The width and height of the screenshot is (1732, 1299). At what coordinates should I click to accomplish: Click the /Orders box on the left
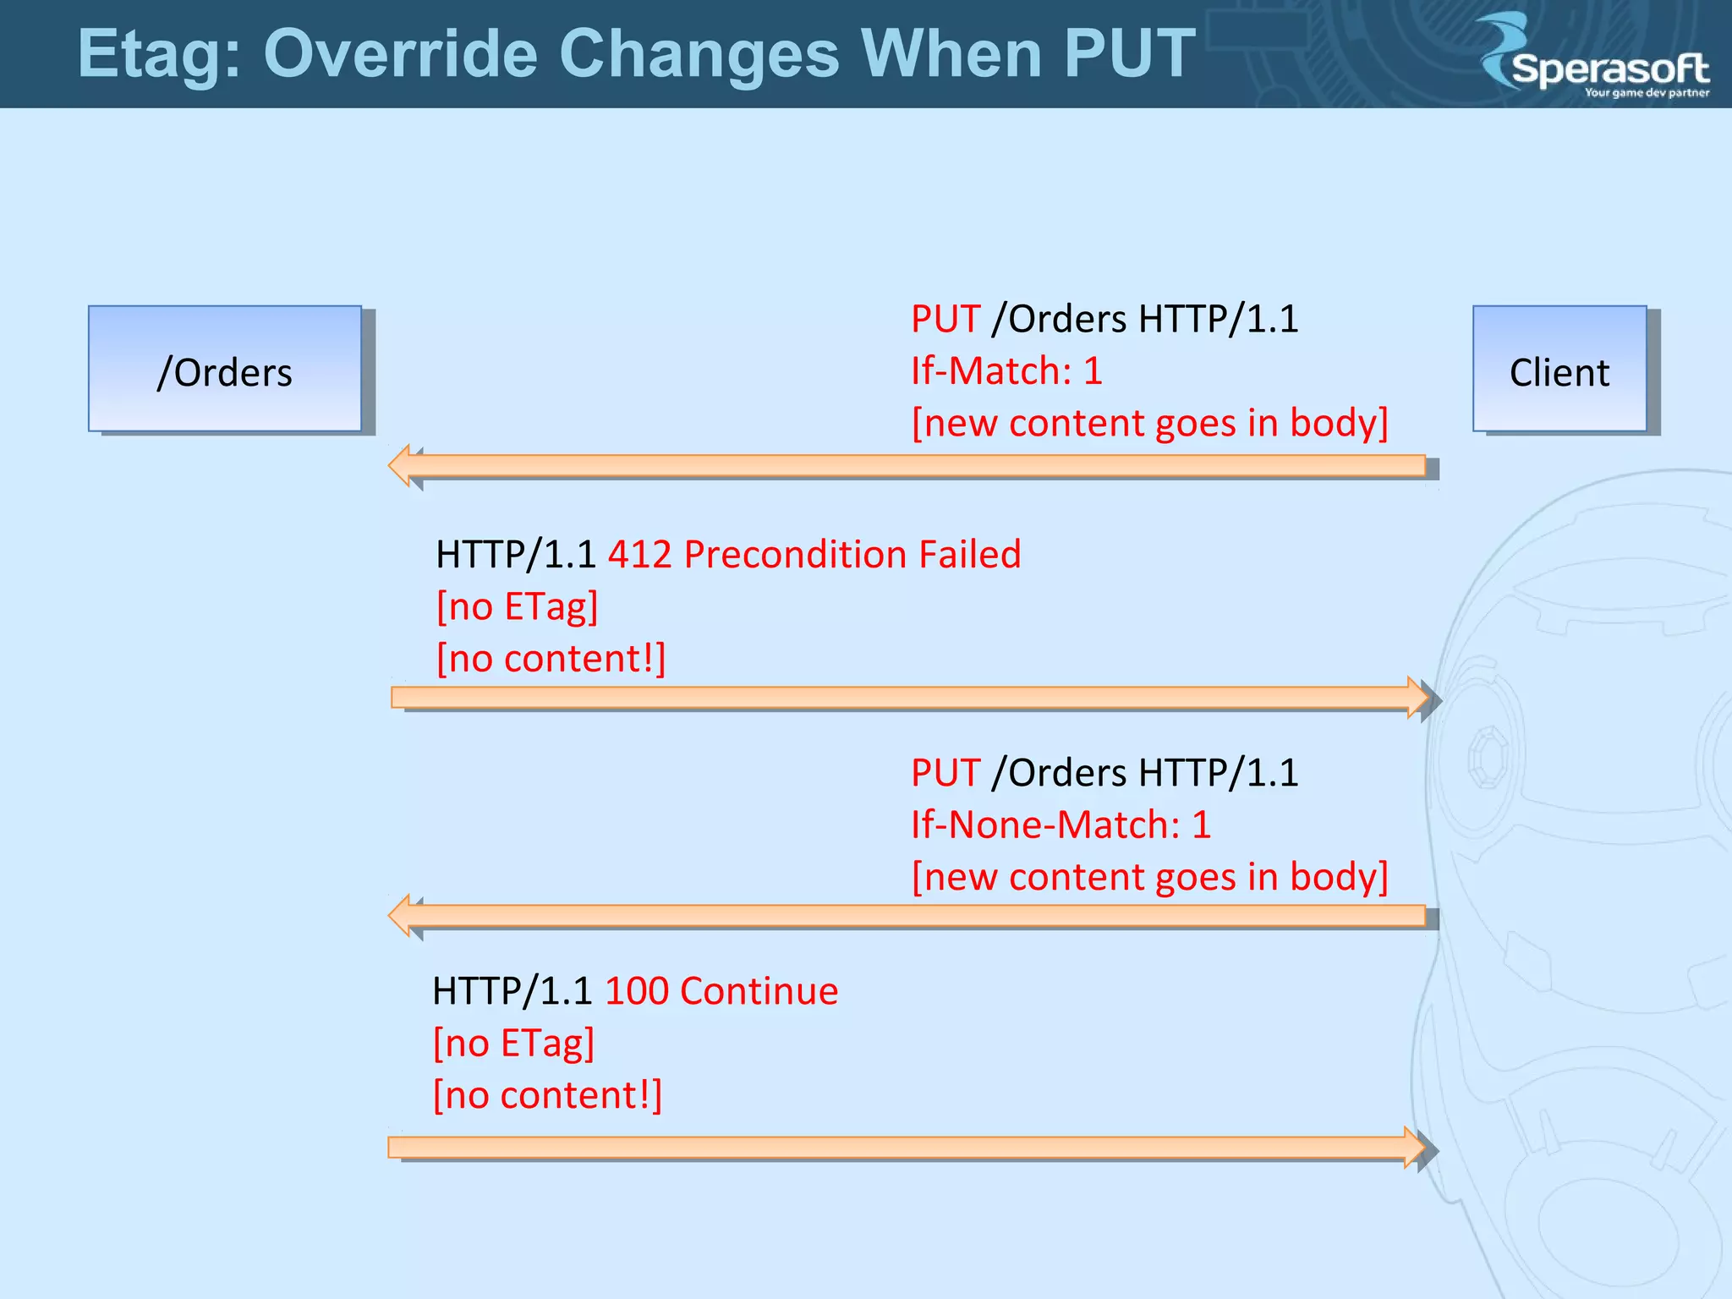(x=225, y=370)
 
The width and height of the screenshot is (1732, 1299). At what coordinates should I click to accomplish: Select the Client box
(x=1559, y=370)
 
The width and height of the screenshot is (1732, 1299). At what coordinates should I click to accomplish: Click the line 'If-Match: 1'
(x=1006, y=371)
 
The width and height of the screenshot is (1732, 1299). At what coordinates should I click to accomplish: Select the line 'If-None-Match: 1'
(x=1061, y=825)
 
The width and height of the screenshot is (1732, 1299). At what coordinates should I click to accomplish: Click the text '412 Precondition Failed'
(x=814, y=555)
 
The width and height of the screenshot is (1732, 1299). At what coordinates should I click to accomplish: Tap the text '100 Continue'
(x=721, y=991)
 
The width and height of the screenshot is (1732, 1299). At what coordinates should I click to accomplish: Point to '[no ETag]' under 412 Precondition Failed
(x=517, y=606)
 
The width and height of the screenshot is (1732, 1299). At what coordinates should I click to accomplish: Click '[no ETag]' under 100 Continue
(x=513, y=1043)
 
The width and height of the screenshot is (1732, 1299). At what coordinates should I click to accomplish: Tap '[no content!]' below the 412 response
(x=551, y=659)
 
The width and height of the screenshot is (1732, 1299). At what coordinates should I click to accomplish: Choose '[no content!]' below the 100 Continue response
(x=547, y=1095)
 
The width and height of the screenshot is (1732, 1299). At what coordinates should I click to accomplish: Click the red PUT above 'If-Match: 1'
(x=945, y=320)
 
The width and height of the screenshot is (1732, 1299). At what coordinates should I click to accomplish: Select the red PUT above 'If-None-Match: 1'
(x=945, y=773)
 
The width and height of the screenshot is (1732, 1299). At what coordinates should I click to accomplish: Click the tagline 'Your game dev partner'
(x=1646, y=93)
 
